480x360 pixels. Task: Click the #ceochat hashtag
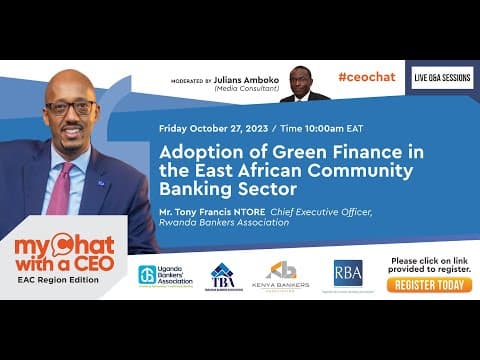point(365,76)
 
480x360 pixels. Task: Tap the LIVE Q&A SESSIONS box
point(443,78)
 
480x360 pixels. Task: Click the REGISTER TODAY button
point(428,285)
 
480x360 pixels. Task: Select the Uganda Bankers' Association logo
point(167,276)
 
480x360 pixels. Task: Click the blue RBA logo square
point(347,272)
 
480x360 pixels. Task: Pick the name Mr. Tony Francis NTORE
point(210,211)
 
